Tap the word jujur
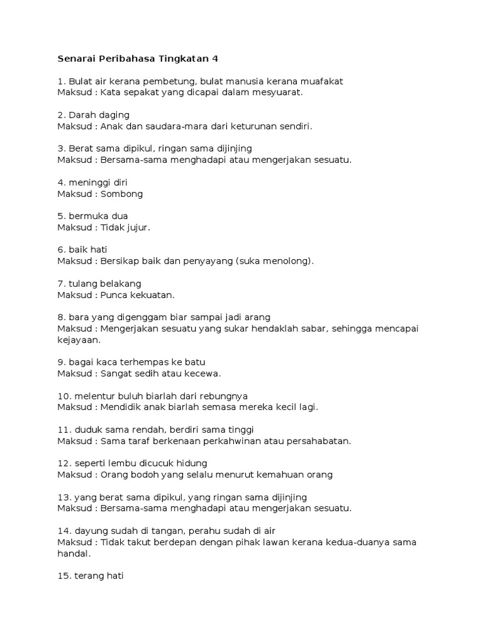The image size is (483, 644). click(x=136, y=228)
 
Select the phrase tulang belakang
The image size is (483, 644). click(x=105, y=284)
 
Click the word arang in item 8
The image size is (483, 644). click(x=257, y=317)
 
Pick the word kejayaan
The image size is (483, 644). click(x=79, y=340)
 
